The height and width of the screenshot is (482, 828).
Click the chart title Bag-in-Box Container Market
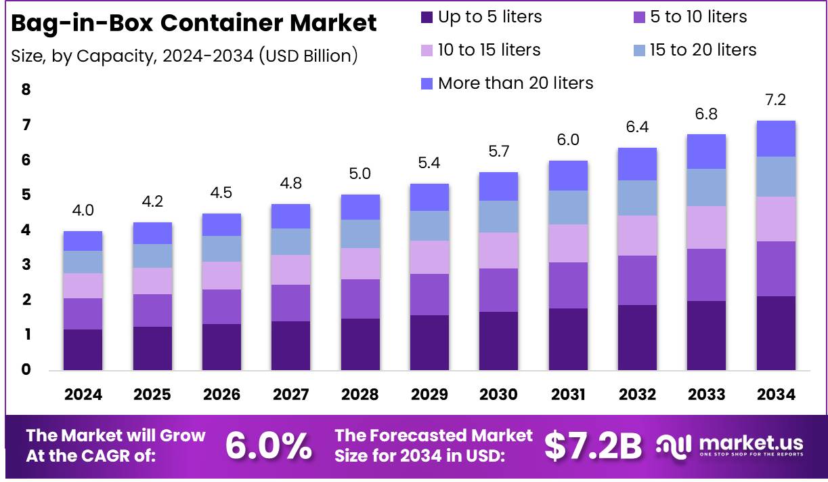pos(194,23)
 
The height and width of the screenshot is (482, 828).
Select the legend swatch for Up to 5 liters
pos(427,17)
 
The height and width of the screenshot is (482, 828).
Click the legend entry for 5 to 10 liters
pos(689,17)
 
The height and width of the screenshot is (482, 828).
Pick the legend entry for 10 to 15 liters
pos(481,50)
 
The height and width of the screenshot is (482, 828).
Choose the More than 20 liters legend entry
pos(506,83)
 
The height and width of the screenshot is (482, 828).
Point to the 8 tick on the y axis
pos(26,89)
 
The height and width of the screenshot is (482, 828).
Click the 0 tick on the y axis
pos(26,369)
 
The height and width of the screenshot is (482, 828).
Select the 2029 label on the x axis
pos(429,395)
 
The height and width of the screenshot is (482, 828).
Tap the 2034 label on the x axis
pos(776,395)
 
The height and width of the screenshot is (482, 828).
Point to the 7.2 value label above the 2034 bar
pos(776,100)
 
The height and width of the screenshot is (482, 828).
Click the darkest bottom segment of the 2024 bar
pos(83,350)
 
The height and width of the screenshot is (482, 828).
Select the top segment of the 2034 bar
pos(776,138)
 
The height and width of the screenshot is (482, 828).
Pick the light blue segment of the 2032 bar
pos(637,198)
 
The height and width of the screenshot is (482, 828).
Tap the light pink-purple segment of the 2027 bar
pos(290,270)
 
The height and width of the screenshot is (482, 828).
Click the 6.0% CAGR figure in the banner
pos(268,445)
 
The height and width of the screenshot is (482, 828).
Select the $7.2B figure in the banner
pos(593,445)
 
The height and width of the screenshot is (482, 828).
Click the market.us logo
pos(731,445)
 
